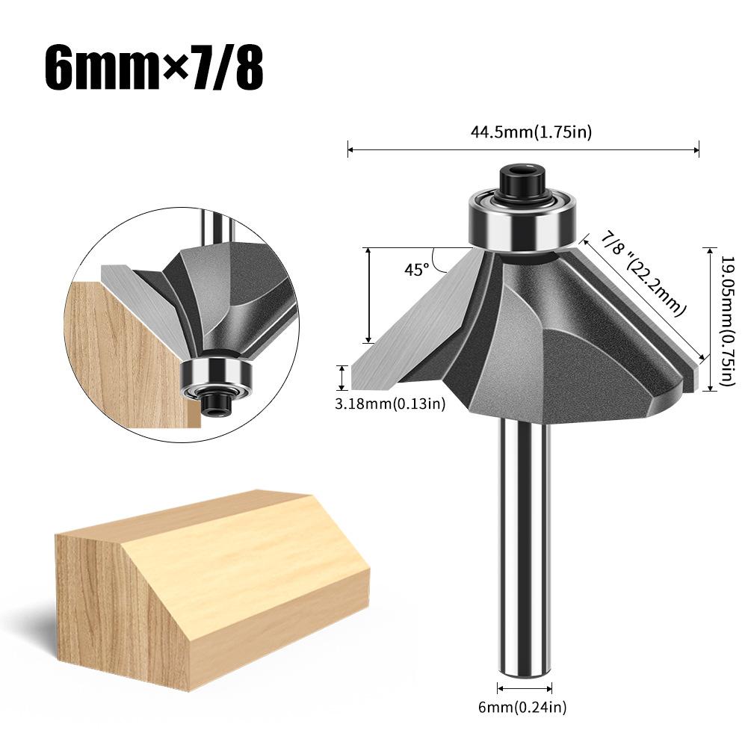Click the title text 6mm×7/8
click(x=153, y=69)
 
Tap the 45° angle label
click(x=416, y=270)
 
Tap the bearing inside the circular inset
click(x=217, y=374)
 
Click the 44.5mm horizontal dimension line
click(x=523, y=150)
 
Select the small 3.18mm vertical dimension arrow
click(x=343, y=377)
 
